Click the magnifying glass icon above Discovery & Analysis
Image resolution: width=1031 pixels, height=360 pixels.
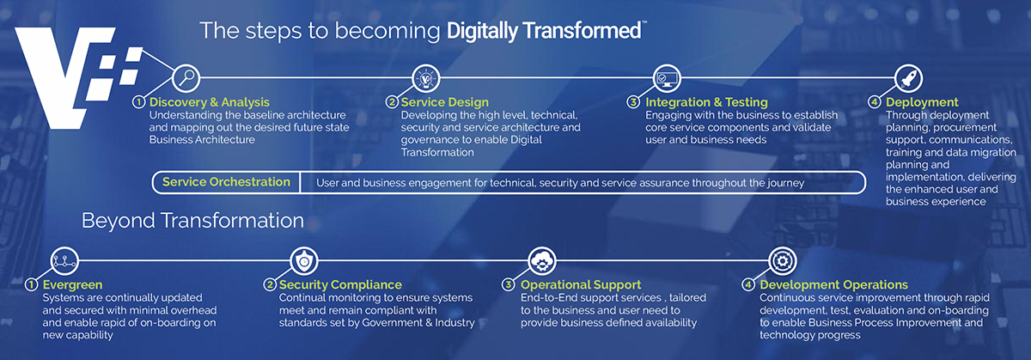pos(186,78)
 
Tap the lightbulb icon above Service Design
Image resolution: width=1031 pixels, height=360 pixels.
pos(426,78)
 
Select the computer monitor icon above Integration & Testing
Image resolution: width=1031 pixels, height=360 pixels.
pos(667,78)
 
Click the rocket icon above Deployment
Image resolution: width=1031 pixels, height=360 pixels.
pos(908,78)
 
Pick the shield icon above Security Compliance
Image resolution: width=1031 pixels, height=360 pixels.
pos(304,260)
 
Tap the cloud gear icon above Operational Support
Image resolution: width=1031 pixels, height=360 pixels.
pos(542,260)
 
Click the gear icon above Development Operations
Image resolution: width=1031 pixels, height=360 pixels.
pos(783,260)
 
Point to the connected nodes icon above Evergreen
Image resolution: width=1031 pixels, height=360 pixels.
pos(64,260)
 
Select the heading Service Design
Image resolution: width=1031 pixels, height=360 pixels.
pos(445,102)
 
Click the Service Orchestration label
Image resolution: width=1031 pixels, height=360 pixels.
pos(226,182)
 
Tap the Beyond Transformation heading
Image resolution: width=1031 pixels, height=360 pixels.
pos(192,221)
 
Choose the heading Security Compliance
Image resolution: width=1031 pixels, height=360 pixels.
pos(340,284)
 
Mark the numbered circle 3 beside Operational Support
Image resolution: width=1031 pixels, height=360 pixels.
pos(508,284)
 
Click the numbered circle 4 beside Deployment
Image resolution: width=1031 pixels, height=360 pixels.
pos(874,101)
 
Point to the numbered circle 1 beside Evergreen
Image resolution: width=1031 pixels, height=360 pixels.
pos(31,284)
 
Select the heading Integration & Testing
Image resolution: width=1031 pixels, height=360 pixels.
pos(706,102)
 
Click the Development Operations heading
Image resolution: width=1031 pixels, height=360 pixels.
pos(833,284)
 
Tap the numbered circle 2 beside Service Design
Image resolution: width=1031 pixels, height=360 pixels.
pos(392,101)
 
